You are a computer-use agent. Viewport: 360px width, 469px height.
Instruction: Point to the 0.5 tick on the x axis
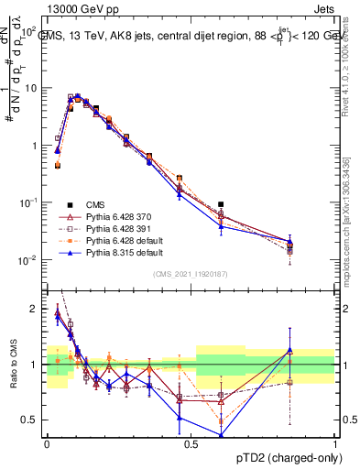191,443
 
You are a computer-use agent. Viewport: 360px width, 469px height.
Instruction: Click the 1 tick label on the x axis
335,443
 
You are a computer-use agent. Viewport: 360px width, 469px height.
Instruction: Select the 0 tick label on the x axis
47,443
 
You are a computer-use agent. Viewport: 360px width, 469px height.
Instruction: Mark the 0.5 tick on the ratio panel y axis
32,420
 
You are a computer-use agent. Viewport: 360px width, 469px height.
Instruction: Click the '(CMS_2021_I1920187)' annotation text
191,274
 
